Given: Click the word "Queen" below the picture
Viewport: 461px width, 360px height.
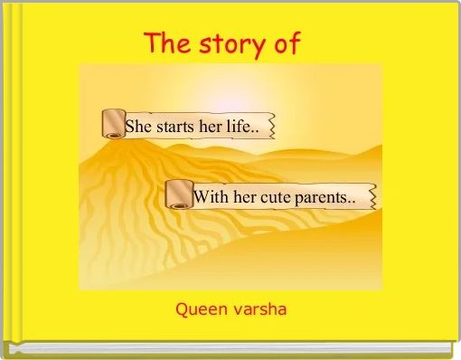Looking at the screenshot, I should point(200,310).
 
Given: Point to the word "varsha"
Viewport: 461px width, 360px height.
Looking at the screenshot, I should point(258,310).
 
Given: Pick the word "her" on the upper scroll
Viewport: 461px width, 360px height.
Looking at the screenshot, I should point(212,127).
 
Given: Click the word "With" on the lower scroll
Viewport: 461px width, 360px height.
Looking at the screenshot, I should point(211,196).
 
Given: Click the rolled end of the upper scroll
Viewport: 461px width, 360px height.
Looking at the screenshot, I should point(114,124).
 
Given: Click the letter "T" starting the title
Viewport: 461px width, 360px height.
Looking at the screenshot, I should point(153,43).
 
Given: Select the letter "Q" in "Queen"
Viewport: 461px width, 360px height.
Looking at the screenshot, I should point(181,310).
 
